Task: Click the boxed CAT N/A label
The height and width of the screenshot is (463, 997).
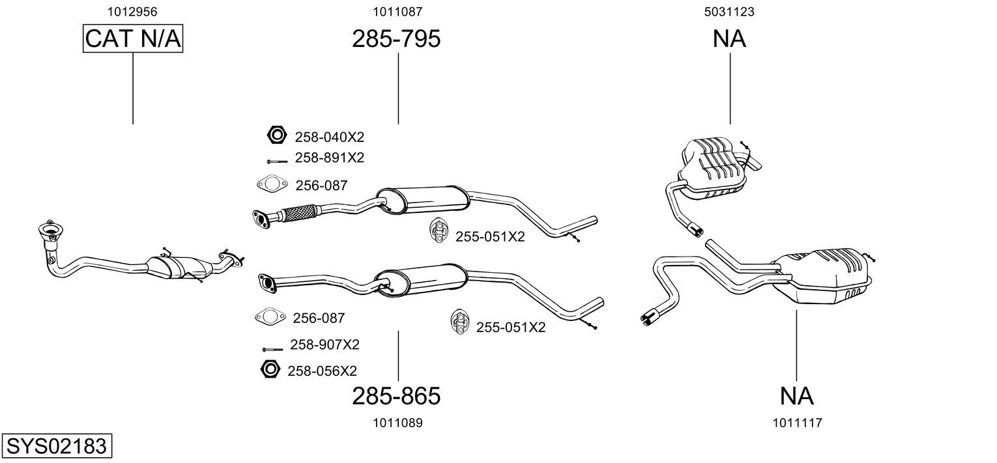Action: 133,39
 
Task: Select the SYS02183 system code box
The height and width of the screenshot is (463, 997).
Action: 56,447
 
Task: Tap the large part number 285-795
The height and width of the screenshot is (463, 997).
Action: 396,39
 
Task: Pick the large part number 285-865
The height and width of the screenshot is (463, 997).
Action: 396,395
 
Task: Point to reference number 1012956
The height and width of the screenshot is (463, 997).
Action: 132,11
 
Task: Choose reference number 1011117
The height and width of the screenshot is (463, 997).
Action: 797,423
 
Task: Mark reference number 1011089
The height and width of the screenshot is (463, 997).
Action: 397,423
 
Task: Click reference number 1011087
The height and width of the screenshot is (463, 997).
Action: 397,11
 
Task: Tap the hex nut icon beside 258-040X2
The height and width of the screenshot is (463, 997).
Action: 277,135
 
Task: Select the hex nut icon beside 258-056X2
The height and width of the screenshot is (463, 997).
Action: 270,369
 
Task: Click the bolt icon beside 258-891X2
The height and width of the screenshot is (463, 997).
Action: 277,160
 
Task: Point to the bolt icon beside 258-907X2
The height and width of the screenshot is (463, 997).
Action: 272,350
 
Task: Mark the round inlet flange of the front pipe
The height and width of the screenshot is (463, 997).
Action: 50,229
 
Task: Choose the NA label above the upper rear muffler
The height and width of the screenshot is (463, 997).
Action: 729,39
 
